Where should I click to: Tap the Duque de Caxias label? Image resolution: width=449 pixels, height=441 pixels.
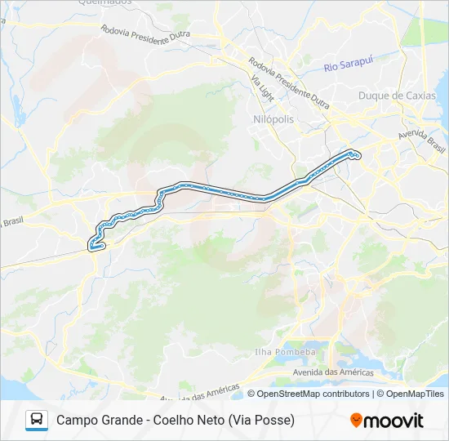coord(397,96)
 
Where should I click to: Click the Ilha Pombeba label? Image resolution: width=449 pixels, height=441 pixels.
coord(285,352)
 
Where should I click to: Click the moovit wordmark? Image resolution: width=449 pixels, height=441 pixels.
coord(393,421)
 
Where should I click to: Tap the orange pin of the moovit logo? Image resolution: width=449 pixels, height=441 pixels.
coord(356,420)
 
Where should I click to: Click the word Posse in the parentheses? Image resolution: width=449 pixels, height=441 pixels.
coord(273,420)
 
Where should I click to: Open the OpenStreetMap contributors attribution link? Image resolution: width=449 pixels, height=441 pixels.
coord(313,394)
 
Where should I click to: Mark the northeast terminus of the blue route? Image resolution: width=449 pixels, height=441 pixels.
coord(355,154)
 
